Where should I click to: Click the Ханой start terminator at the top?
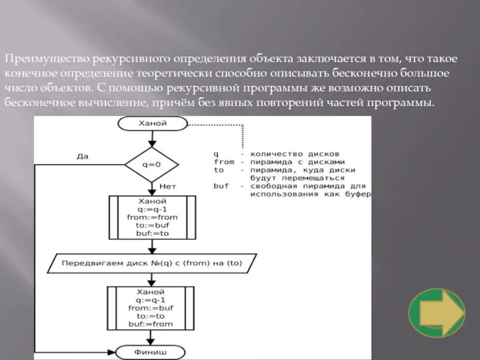click(x=152, y=124)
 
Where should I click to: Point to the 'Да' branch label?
click(x=82, y=156)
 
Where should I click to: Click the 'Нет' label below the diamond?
click(x=167, y=187)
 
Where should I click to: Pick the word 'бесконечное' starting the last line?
click(x=40, y=103)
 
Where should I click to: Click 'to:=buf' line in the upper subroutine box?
click(x=152, y=225)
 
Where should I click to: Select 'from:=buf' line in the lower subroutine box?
click(x=151, y=307)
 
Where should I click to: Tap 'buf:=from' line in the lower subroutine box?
click(x=151, y=324)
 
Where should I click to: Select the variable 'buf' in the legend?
click(x=221, y=186)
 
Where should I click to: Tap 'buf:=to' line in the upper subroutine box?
click(x=152, y=233)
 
